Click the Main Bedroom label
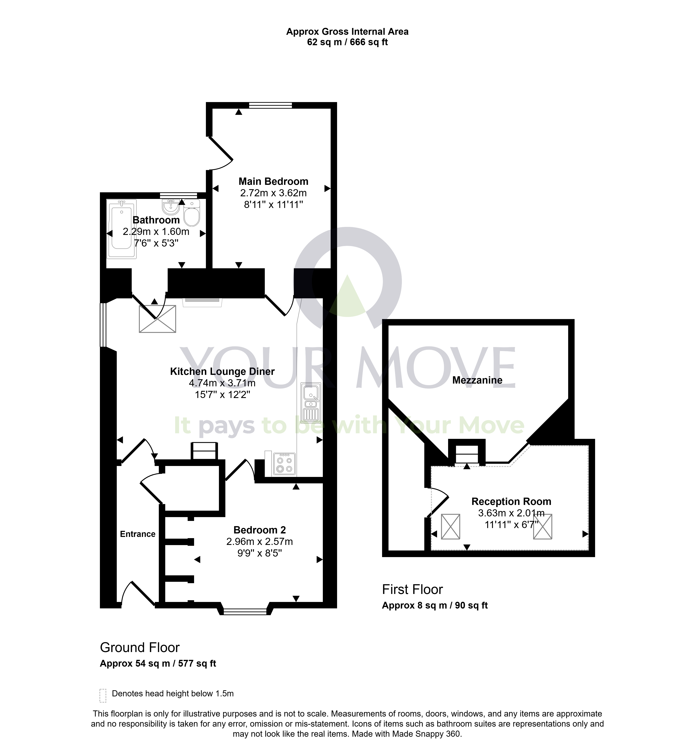(273, 181)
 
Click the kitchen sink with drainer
(311, 403)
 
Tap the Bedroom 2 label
(260, 530)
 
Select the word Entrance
(138, 534)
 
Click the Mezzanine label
(477, 380)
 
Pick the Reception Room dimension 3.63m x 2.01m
(511, 513)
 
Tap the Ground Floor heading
(140, 647)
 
